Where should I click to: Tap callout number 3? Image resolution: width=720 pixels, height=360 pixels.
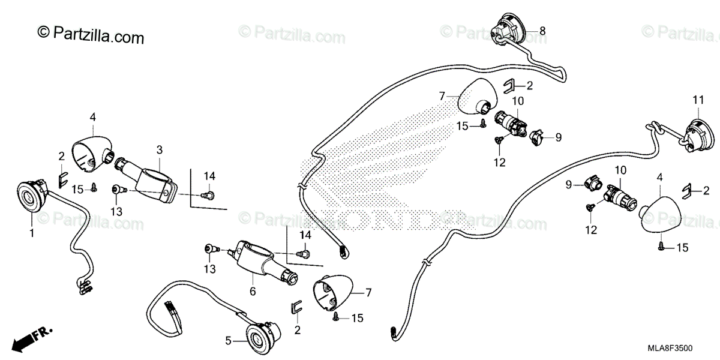pyautogui.click(x=160, y=148)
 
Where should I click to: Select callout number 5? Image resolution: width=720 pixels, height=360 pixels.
pyautogui.click(x=228, y=341)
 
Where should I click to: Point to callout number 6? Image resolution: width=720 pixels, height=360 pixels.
pyautogui.click(x=253, y=291)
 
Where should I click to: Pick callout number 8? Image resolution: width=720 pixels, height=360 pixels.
pyautogui.click(x=542, y=31)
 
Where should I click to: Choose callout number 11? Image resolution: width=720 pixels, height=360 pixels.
pyautogui.click(x=698, y=100)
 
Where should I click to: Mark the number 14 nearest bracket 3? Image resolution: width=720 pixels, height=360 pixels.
pyautogui.click(x=209, y=176)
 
